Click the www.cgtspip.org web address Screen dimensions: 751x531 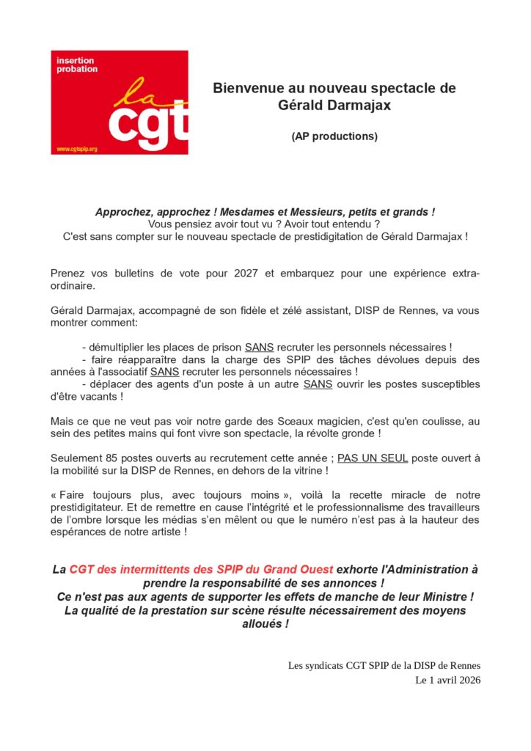77,149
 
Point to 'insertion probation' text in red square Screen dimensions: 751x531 76,65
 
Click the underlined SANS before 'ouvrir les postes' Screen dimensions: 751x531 318,384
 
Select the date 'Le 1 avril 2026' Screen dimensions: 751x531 447,679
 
